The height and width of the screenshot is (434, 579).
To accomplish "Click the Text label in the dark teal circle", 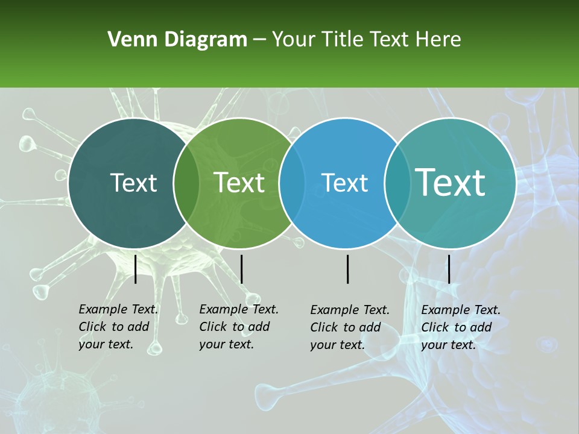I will tap(133, 183).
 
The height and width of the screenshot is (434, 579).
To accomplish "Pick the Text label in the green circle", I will tap(239, 183).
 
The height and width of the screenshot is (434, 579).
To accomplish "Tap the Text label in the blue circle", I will tap(345, 183).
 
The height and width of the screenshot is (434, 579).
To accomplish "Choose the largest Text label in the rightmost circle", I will tap(451, 183).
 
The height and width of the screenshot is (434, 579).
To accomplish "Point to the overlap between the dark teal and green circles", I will tap(186, 183).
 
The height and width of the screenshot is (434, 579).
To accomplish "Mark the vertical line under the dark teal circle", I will tap(136, 269).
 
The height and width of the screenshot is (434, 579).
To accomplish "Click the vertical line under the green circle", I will tap(241, 269).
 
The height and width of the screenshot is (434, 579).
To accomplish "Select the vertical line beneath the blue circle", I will tap(348, 269).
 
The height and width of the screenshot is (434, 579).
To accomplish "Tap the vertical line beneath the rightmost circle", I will tap(449, 269).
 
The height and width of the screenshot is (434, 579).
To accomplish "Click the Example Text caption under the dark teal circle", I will tap(118, 327).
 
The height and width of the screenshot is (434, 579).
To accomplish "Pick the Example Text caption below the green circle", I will tap(239, 327).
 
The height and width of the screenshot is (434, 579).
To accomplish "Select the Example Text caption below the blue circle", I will tap(350, 327).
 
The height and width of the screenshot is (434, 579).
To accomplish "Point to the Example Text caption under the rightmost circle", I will tap(461, 327).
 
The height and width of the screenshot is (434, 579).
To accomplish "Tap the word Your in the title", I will tap(291, 40).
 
